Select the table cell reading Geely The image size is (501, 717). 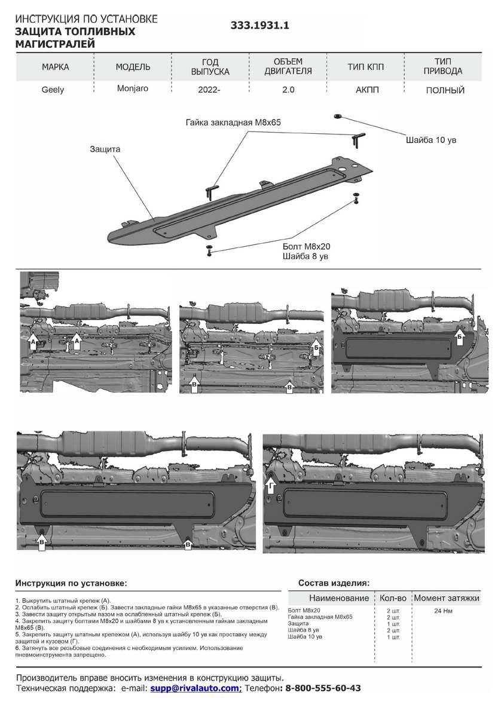53,90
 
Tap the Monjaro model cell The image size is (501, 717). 133,88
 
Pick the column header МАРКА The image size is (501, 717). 56,67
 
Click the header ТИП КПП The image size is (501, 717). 364,67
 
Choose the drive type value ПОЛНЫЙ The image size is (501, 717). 445,91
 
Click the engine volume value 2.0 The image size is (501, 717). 288,91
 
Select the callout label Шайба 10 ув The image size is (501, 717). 431,140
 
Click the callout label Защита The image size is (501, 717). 105,149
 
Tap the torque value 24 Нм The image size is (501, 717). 444,611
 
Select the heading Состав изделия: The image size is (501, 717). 334,583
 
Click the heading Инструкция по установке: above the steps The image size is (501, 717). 71,583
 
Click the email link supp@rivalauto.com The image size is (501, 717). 195,688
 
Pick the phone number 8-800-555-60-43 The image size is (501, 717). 323,688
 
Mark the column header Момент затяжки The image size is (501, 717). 447,597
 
